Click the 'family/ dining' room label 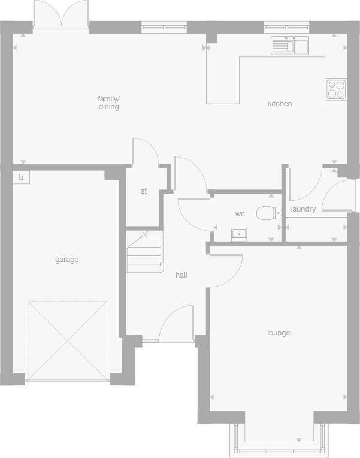click(109, 103)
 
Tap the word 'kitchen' click(279, 104)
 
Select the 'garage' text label click(67, 260)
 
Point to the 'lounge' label click(279, 333)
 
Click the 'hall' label click(181, 275)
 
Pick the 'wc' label click(240, 214)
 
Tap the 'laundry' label click(303, 209)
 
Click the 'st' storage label click(144, 191)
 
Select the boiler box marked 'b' click(21, 177)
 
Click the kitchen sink click(289, 46)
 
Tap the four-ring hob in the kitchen click(335, 89)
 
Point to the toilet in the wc click(270, 213)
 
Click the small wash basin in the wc click(238, 233)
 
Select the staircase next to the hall click(144, 251)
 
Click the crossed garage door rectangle click(67, 340)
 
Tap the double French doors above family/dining click(60, 15)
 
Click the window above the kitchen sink click(287, 27)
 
